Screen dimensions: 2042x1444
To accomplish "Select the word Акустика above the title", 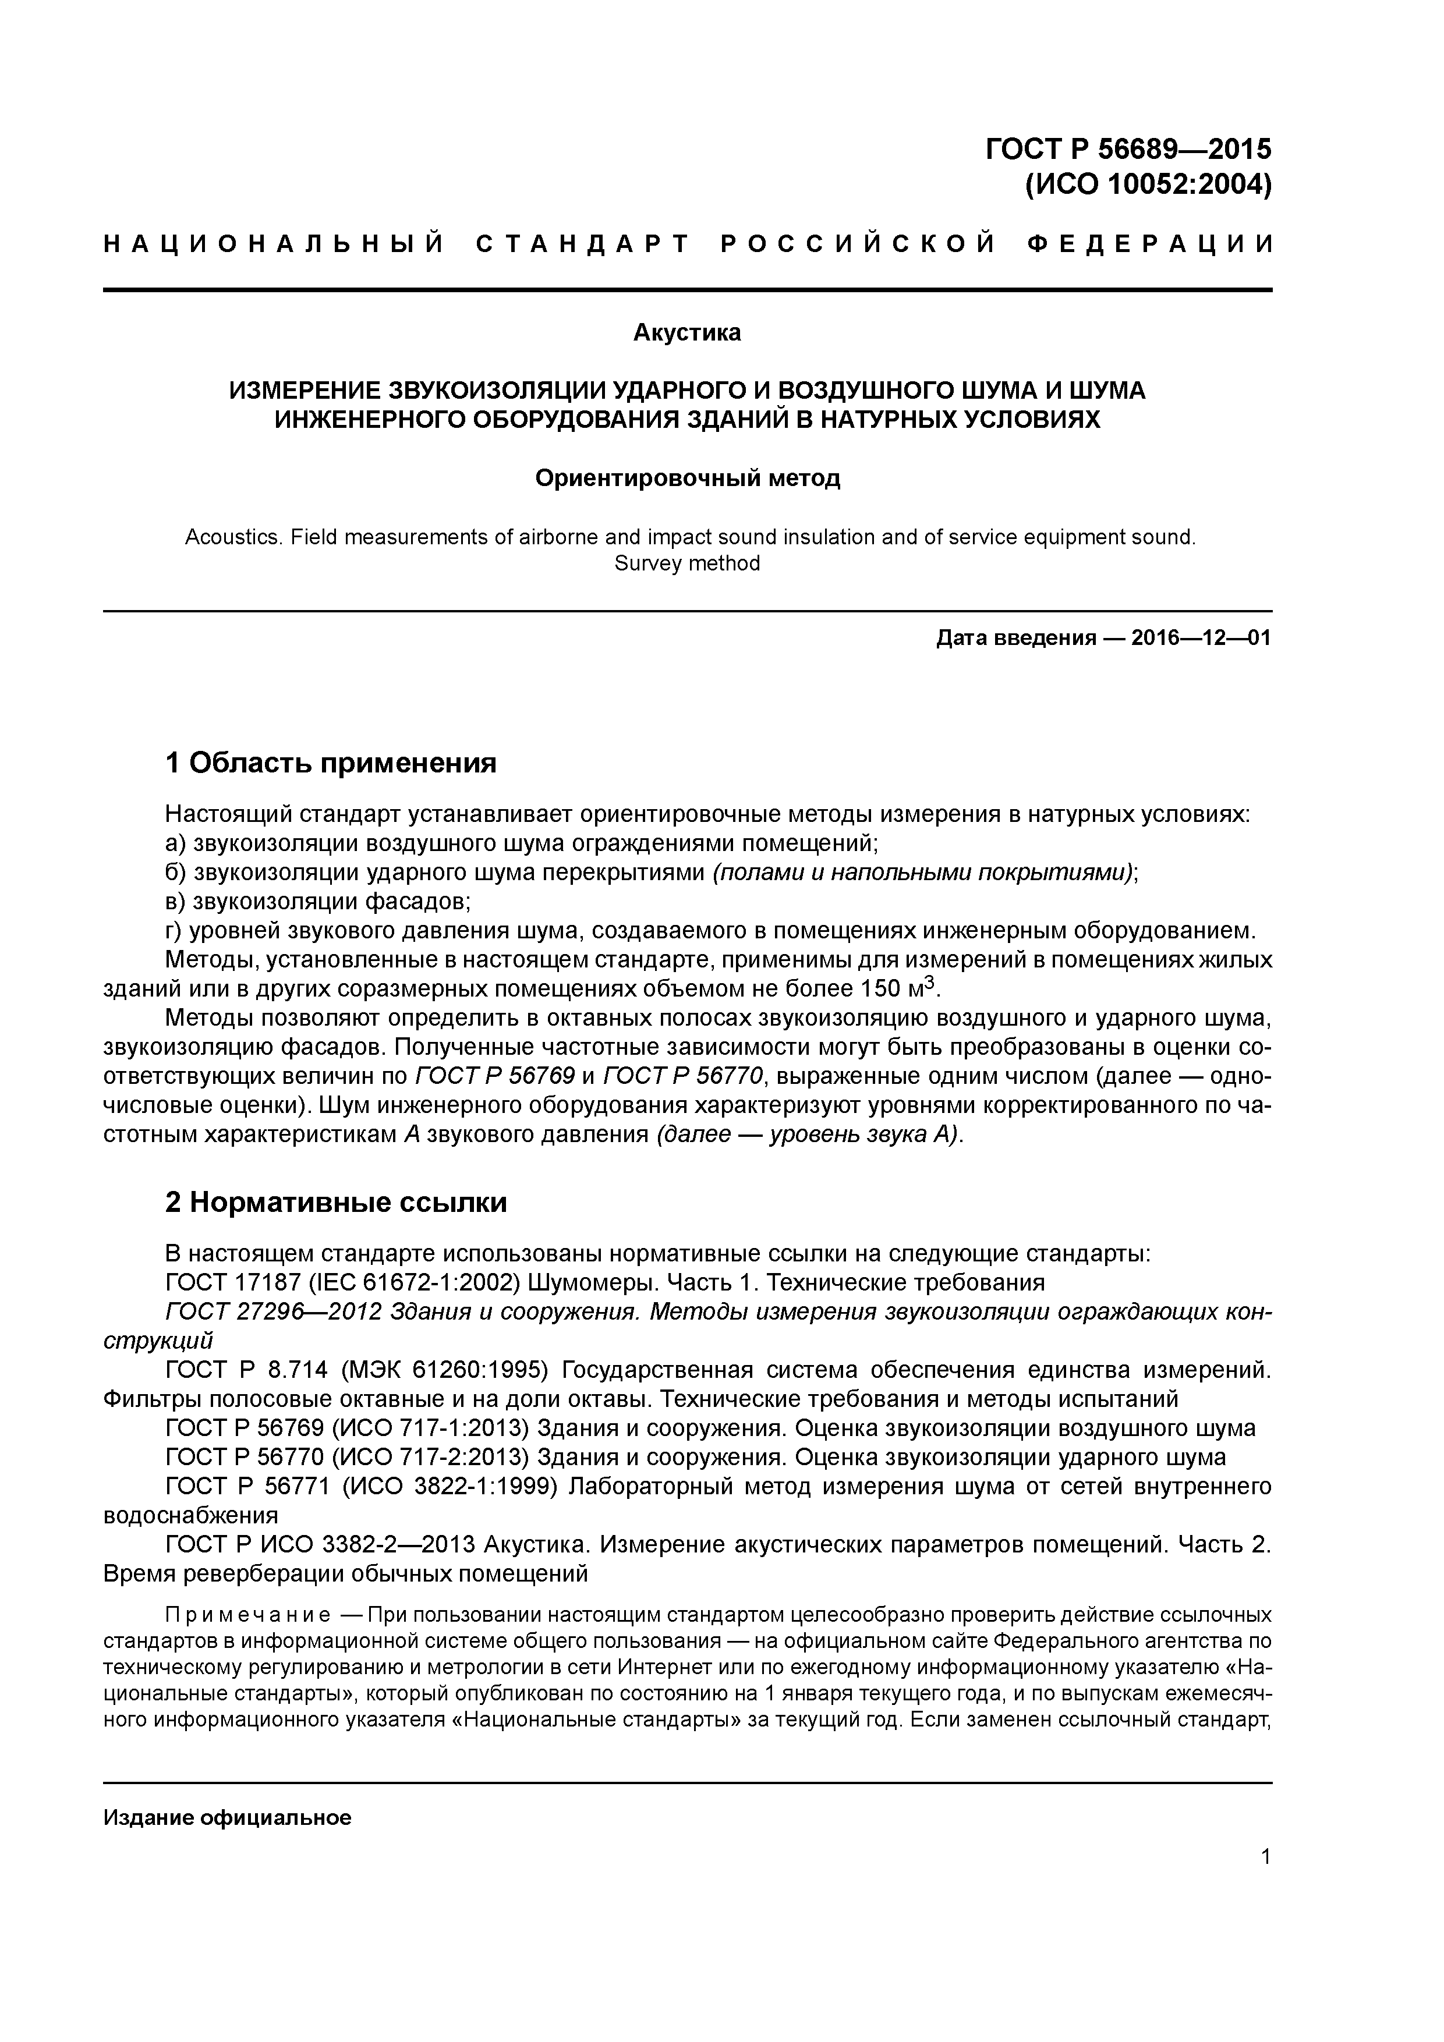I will click(687, 332).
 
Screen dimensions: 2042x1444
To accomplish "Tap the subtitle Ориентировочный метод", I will click(687, 478).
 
